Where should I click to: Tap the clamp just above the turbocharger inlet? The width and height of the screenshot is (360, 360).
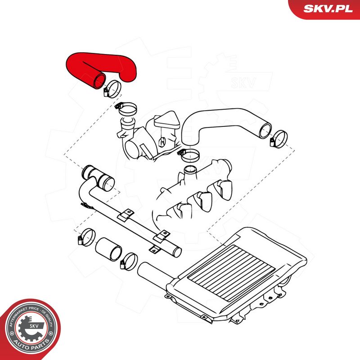click(x=128, y=108)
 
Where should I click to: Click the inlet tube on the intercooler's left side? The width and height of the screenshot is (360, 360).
click(x=153, y=274)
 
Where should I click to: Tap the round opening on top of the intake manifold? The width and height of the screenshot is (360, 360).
click(x=190, y=171)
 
